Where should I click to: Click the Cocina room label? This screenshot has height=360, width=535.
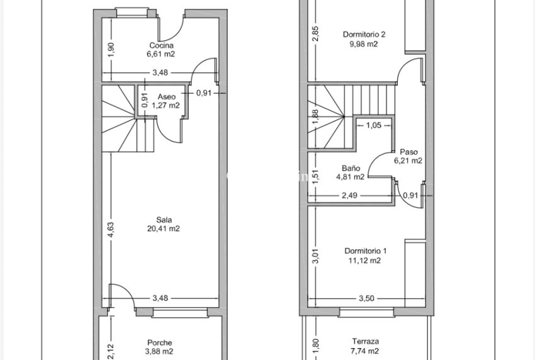pyautogui.click(x=161, y=45)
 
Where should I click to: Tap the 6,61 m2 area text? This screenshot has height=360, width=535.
pyautogui.click(x=160, y=54)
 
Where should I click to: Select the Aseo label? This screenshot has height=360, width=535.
pyautogui.click(x=167, y=97)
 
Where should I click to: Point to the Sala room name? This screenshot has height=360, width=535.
pyautogui.click(x=164, y=220)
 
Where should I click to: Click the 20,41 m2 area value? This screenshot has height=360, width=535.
pyautogui.click(x=164, y=228)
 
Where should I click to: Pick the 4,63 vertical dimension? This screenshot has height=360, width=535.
pyautogui.click(x=111, y=230)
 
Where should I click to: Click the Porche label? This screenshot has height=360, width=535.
pyautogui.click(x=160, y=342)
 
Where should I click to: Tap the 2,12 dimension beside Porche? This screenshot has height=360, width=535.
pyautogui.click(x=111, y=351)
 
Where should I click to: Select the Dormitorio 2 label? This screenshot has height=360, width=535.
pyautogui.click(x=364, y=35)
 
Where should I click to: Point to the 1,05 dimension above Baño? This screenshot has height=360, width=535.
pyautogui.click(x=374, y=126)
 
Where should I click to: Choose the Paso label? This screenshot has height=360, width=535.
pyautogui.click(x=408, y=152)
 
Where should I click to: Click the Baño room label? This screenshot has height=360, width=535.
pyautogui.click(x=351, y=168)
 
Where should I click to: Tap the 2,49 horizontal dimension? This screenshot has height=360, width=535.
pyautogui.click(x=349, y=196)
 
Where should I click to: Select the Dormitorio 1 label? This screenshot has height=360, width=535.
pyautogui.click(x=366, y=251)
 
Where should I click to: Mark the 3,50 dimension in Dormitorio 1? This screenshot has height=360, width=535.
pyautogui.click(x=366, y=298)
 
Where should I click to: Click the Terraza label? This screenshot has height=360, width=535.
pyautogui.click(x=366, y=341)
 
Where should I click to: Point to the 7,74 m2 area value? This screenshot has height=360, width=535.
pyautogui.click(x=364, y=351)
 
